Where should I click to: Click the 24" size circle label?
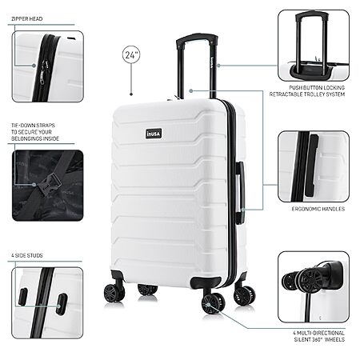pyautogui.click(x=131, y=54)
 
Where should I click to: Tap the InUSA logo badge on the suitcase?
pyautogui.click(x=154, y=134)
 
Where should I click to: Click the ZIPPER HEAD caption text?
pyautogui.click(x=27, y=19)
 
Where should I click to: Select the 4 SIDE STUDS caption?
pyautogui.click(x=27, y=255)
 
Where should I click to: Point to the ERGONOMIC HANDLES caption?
pyautogui.click(x=318, y=209)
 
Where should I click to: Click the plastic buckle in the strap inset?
pyautogui.click(x=47, y=184)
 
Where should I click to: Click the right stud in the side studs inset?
pyautogui.click(x=62, y=304)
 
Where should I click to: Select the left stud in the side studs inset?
pyautogui.click(x=22, y=297)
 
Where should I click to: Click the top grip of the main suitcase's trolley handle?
pyautogui.click(x=197, y=38)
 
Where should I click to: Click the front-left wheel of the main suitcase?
pyautogui.click(x=114, y=293)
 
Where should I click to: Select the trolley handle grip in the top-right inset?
pyautogui.click(x=314, y=14)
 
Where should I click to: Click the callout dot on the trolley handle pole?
pyautogui.click(x=218, y=66)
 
